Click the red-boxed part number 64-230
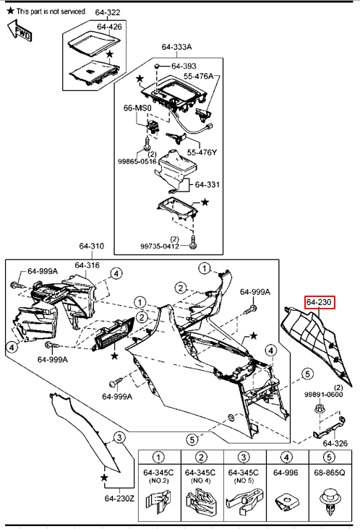click(320, 302)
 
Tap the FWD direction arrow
click(20, 30)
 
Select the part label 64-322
click(108, 12)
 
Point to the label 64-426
click(109, 26)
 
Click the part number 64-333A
click(176, 47)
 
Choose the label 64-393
click(184, 66)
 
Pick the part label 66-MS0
click(137, 108)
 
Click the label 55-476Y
click(202, 152)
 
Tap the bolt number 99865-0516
click(137, 161)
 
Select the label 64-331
click(207, 184)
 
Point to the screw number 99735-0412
click(160, 246)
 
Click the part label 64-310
click(92, 246)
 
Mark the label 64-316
click(87, 265)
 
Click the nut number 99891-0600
click(324, 395)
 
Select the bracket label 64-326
click(335, 443)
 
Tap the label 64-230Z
click(119, 499)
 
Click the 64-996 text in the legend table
click(286, 473)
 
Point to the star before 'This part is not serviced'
click(11, 11)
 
